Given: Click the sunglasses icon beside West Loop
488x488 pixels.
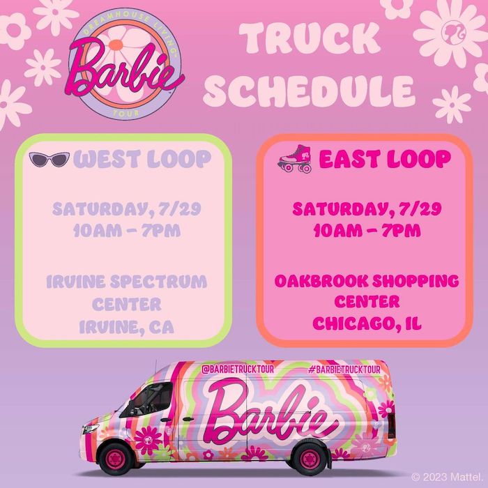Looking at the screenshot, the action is (49, 160).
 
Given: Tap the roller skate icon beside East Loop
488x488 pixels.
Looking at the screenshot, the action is (295, 159).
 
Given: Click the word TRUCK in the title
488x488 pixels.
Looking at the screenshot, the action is (310, 38).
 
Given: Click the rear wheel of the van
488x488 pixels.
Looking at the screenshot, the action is (310, 459).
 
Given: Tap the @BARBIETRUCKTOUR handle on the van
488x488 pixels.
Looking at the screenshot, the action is (238, 369).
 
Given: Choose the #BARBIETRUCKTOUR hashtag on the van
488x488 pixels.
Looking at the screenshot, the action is (344, 369).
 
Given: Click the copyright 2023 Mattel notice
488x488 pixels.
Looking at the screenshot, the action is (447, 477).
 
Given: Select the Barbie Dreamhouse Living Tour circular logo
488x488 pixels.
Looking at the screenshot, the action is (126, 64).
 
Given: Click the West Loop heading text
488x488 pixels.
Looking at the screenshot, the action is (142, 160).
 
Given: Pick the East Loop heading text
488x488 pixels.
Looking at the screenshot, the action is (385, 159).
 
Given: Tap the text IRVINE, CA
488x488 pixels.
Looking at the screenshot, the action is (126, 328).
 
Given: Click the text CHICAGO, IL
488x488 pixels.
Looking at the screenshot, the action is (367, 323).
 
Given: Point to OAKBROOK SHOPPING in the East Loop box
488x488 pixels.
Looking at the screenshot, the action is (367, 281).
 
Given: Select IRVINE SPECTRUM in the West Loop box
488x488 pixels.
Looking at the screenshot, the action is (127, 282).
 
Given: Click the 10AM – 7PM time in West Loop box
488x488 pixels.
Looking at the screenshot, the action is (127, 231).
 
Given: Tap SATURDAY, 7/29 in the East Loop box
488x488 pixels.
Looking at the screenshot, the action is (367, 209).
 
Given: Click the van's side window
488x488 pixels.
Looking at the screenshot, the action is (147, 400).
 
